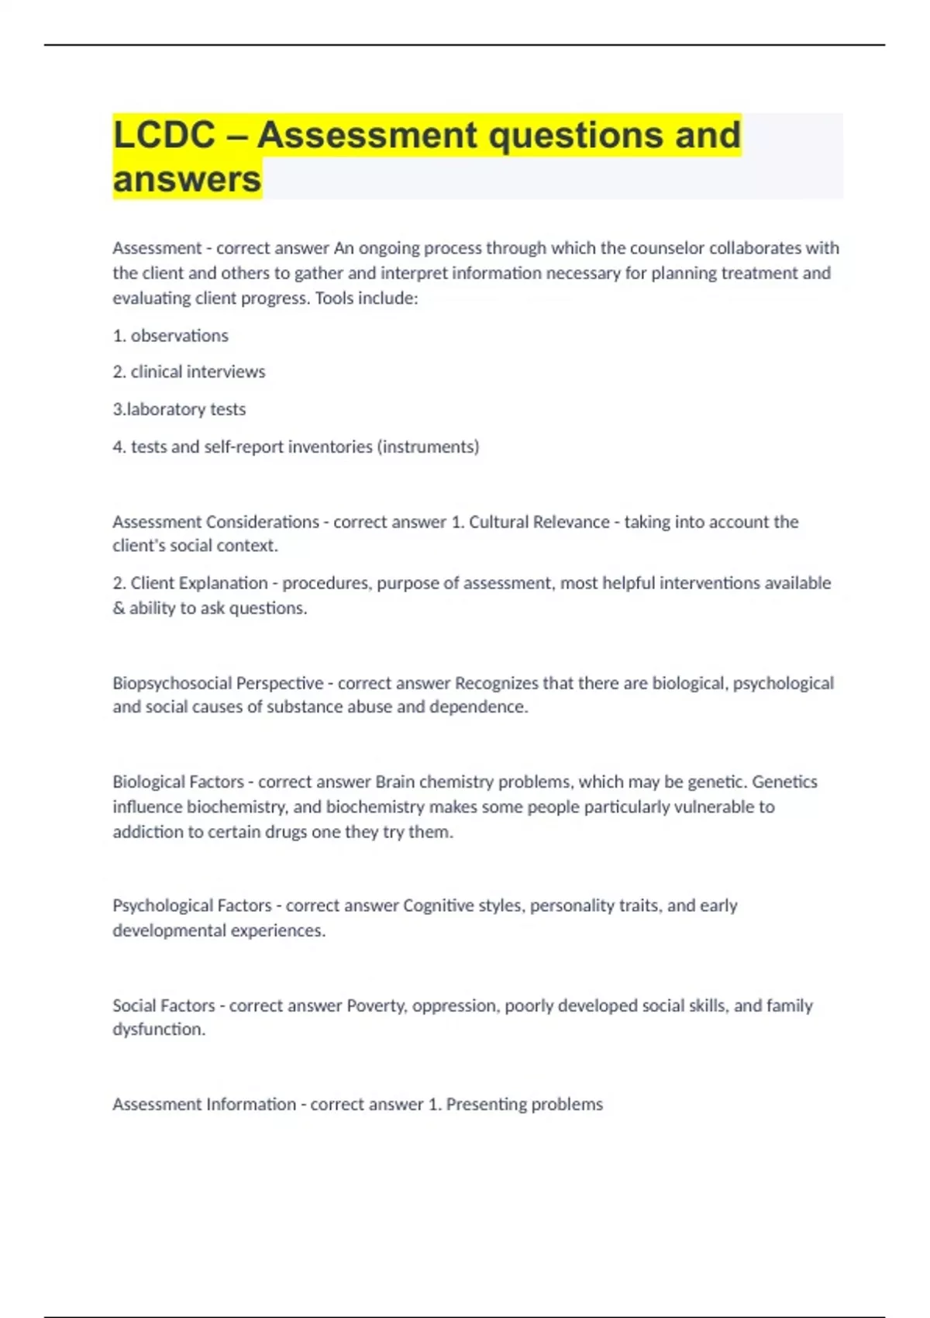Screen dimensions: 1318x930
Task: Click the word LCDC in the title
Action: coord(164,135)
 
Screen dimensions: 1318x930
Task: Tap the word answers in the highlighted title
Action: coord(187,179)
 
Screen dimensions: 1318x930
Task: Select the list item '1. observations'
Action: coord(170,336)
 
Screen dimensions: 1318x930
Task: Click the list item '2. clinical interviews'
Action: coord(189,372)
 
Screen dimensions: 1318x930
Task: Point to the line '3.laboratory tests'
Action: coord(179,409)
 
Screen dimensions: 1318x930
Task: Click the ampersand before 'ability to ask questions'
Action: coord(119,609)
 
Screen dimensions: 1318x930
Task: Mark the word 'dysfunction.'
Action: coord(159,1030)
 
